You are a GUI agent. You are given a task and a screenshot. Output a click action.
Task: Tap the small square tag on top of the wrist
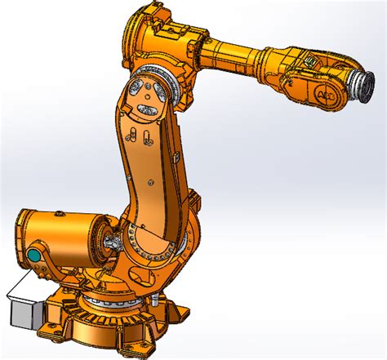point(309,60)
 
